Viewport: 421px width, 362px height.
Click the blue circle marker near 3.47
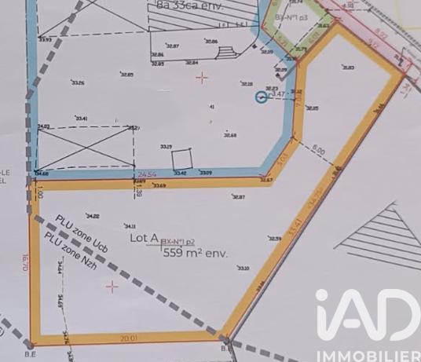262,97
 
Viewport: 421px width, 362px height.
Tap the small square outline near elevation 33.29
182,158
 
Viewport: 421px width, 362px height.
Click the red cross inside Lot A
112,287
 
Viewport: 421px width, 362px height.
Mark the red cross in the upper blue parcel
203,77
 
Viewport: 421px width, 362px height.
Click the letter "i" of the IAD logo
323,315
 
